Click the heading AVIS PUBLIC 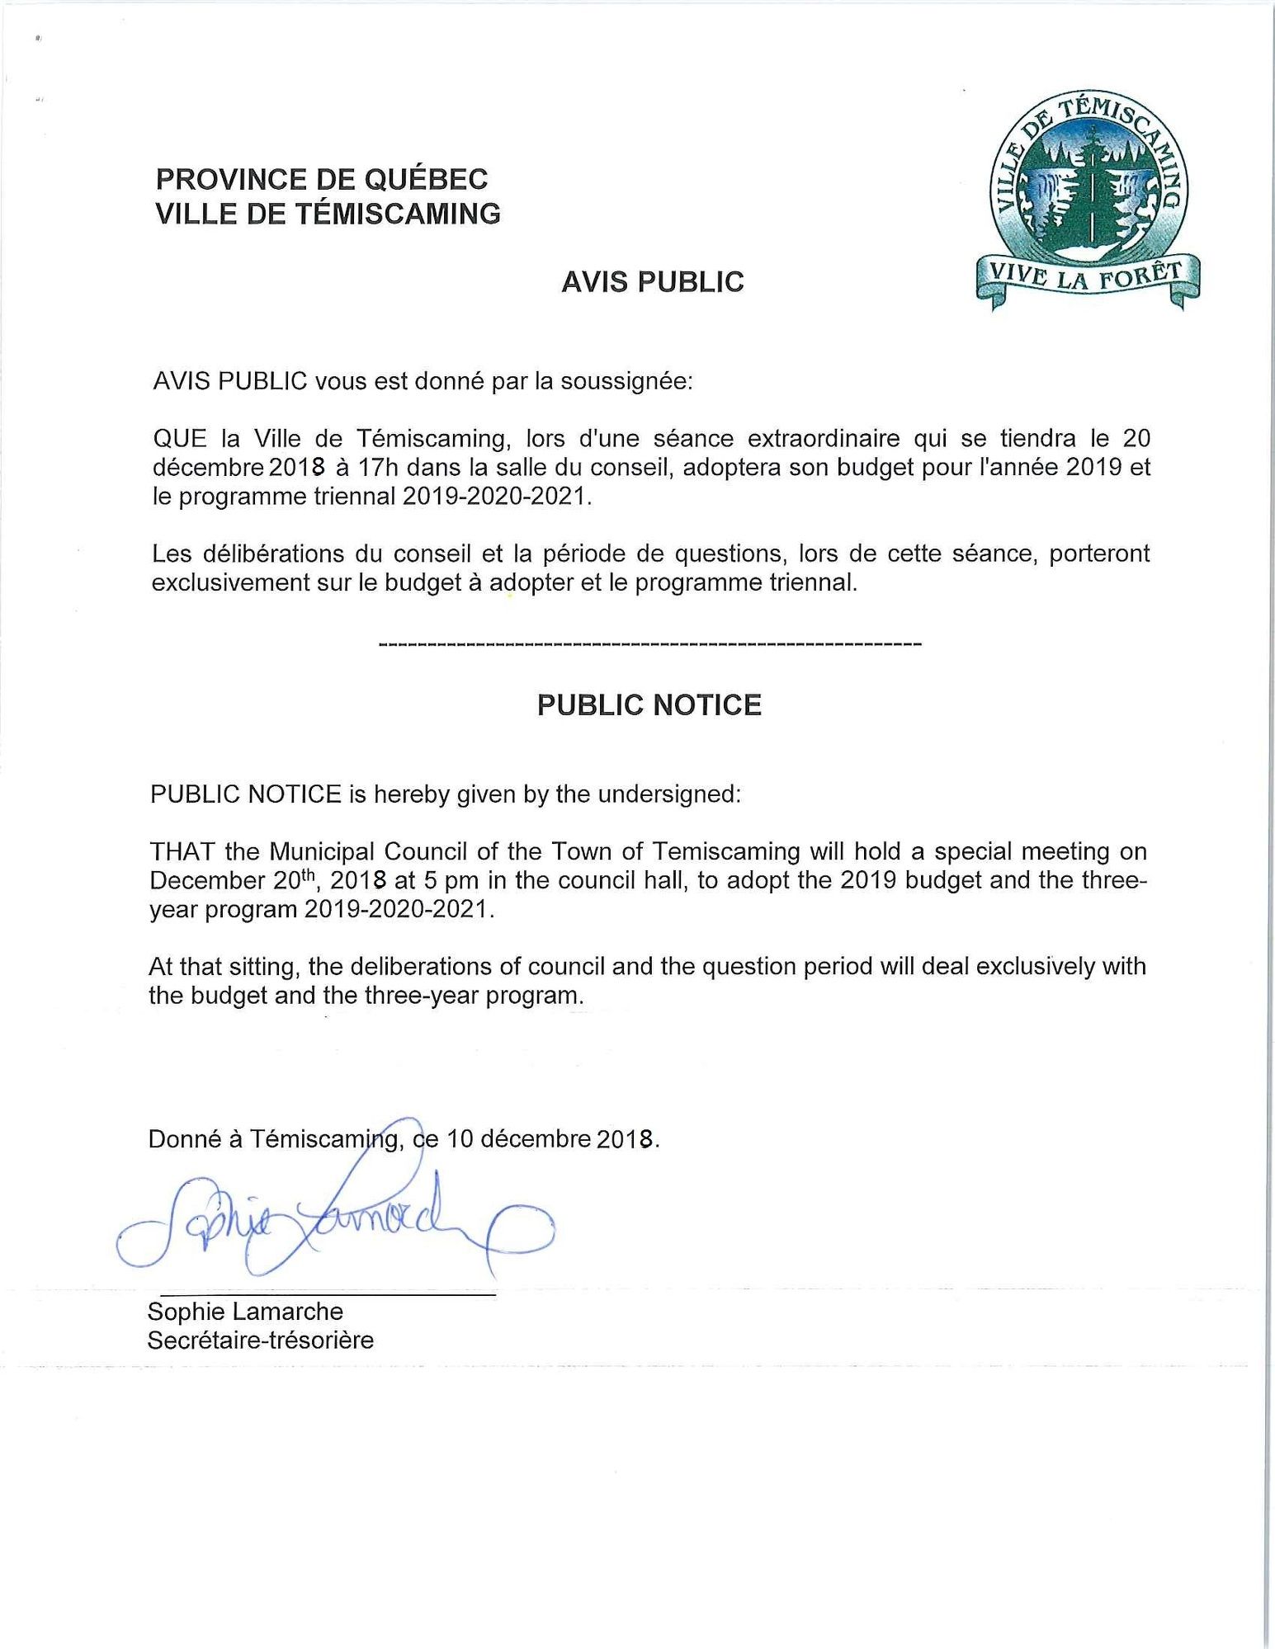coord(652,282)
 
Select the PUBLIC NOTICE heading coord(649,705)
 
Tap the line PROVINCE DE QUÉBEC coord(322,179)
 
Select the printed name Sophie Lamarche coord(245,1311)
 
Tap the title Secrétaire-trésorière coord(260,1340)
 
